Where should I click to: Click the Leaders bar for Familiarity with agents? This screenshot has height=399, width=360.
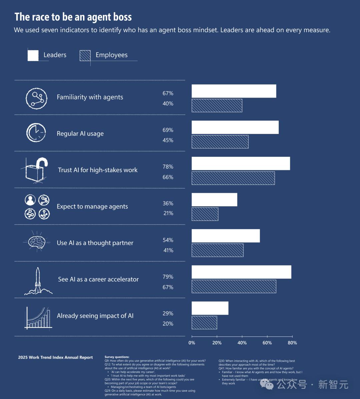(234, 91)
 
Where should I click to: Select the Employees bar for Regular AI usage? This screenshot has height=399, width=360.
(220, 142)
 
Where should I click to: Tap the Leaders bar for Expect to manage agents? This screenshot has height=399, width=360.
(214, 199)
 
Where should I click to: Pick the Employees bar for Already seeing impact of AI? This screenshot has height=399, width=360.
(204, 322)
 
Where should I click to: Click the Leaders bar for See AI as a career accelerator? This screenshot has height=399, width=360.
(241, 272)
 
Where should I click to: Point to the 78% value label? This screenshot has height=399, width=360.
(168, 167)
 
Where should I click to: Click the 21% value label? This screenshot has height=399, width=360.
(168, 213)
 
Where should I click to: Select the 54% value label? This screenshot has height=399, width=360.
(168, 240)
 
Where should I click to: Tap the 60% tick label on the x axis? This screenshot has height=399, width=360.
(267, 343)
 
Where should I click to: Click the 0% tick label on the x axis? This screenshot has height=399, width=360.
(192, 343)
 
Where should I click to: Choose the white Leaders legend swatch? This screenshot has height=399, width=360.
(33, 55)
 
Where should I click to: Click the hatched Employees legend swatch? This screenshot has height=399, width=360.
(85, 55)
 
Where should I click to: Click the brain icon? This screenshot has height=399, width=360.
(37, 241)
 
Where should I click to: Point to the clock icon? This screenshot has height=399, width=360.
(36, 133)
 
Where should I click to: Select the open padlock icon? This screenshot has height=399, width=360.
(36, 170)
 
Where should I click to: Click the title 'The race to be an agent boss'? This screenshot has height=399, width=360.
(73, 17)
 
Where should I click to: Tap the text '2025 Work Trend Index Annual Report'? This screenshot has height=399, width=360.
(55, 357)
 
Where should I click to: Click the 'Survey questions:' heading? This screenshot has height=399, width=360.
(117, 357)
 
